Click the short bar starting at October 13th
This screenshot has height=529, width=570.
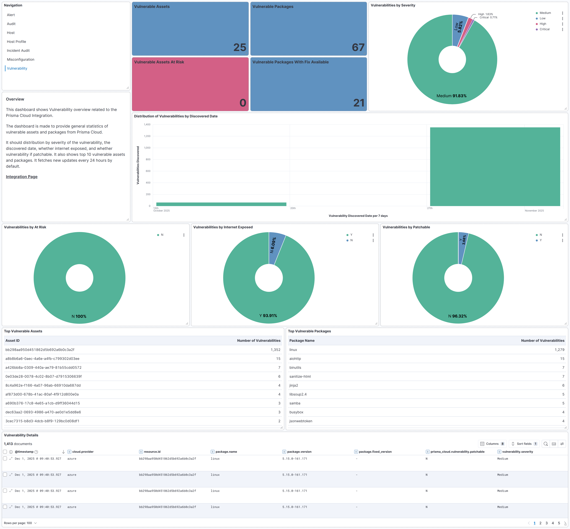pos(221,204)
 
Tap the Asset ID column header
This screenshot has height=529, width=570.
pos(13,341)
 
